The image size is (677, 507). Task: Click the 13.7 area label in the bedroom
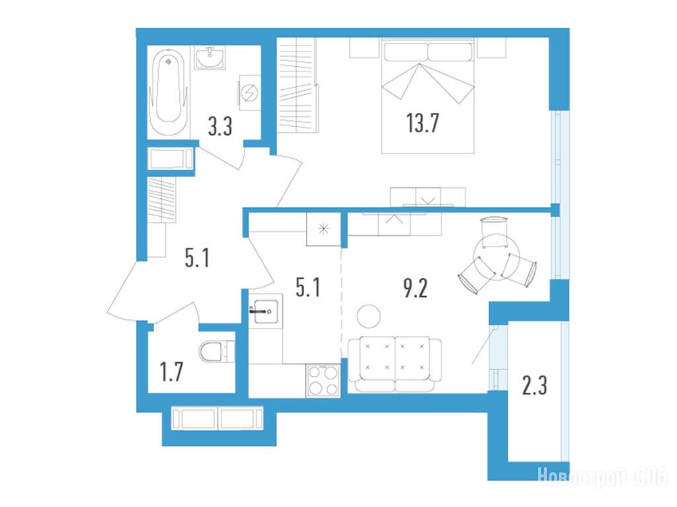(x=422, y=123)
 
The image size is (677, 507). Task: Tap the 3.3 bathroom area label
(x=220, y=127)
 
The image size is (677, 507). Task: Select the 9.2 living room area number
(x=415, y=288)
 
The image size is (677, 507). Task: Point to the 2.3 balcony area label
(x=534, y=385)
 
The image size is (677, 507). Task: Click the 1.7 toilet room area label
(x=171, y=372)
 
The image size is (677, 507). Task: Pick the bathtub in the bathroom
(x=169, y=92)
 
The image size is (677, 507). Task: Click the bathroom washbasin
(x=210, y=58)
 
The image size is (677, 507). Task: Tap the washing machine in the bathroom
(x=249, y=93)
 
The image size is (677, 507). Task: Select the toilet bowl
(x=217, y=352)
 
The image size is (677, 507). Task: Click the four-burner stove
(x=323, y=381)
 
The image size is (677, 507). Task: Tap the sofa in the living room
(x=395, y=364)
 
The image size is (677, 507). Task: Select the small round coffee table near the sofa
(x=368, y=316)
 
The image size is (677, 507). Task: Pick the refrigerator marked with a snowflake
(x=323, y=229)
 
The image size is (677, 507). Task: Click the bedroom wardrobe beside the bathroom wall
(x=298, y=85)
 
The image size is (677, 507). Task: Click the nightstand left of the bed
(x=364, y=48)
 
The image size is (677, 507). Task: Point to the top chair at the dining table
(x=494, y=233)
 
